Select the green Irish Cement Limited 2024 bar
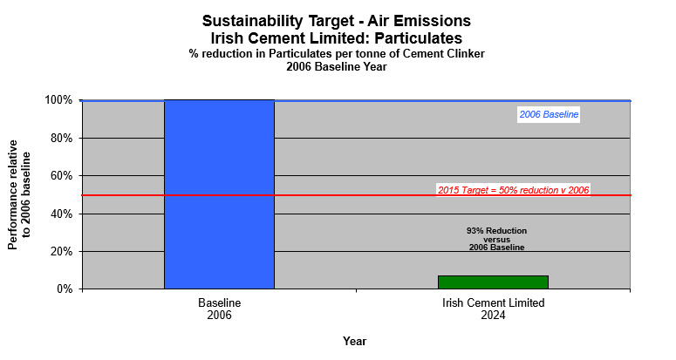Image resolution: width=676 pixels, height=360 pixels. click(x=493, y=282)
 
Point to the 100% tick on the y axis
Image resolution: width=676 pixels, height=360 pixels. click(x=59, y=100)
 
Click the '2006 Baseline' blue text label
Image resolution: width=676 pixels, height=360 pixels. click(x=549, y=114)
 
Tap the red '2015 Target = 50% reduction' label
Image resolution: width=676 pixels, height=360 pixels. click(x=513, y=189)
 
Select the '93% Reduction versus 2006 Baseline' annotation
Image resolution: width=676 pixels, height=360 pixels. click(x=496, y=239)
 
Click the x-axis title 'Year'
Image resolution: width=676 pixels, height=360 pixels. click(x=354, y=341)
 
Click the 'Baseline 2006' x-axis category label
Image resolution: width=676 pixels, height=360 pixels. click(x=219, y=309)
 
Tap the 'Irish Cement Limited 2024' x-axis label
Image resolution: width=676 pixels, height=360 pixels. click(x=493, y=309)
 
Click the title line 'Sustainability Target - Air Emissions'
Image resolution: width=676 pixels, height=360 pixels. click(x=336, y=20)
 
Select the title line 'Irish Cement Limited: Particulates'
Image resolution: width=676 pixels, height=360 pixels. click(x=336, y=38)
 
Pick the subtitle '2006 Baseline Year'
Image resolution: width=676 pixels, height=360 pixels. click(x=336, y=66)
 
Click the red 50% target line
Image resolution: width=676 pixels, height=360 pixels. click(x=366, y=195)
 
